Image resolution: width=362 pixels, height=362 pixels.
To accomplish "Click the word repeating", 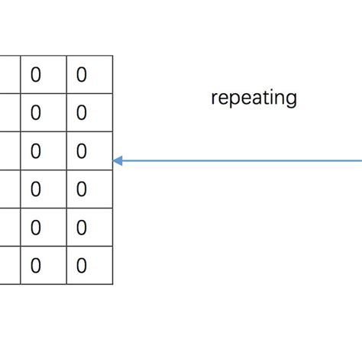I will [x=254, y=99].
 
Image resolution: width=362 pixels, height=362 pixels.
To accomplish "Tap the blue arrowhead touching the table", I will [x=118, y=160].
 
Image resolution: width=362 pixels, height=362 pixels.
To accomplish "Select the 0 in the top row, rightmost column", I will [x=82, y=75].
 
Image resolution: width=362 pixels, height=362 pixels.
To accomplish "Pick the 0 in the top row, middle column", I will [x=36, y=75].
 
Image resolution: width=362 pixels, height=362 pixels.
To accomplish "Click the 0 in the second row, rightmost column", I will [x=82, y=113].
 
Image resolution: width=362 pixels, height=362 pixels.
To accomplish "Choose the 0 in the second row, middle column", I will [x=36, y=113].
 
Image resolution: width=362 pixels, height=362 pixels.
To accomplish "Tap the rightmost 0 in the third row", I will [x=82, y=151].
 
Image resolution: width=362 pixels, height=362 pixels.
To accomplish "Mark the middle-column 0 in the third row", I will [x=36, y=151].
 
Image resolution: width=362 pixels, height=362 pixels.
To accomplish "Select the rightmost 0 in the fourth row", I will [x=82, y=189].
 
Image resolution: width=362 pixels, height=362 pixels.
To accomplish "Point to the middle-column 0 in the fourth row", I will [x=36, y=189].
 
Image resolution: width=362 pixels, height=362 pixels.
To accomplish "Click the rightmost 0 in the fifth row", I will [x=82, y=228].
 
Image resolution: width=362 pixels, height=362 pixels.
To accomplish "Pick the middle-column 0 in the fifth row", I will [x=36, y=228].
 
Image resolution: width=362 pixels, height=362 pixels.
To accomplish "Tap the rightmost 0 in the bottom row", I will [x=82, y=266].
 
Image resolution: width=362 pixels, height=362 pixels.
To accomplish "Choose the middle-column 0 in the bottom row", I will [x=36, y=266].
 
